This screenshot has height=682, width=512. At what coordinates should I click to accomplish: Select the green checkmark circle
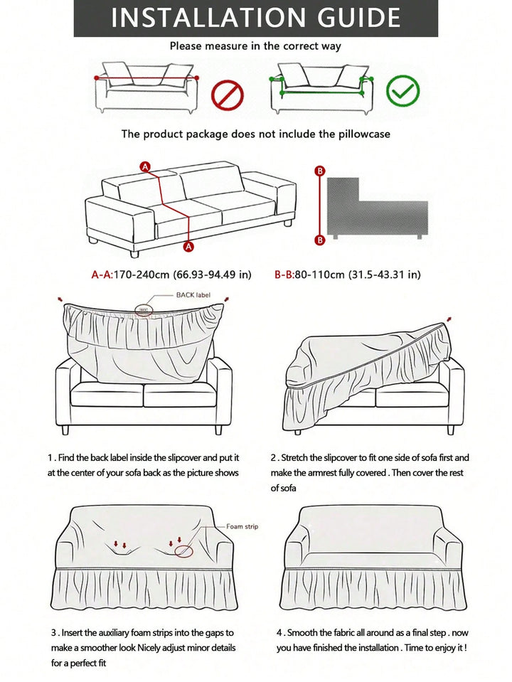click(402, 91)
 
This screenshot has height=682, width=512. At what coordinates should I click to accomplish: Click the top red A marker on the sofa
click(145, 167)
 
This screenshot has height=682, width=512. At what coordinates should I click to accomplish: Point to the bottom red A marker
click(188, 247)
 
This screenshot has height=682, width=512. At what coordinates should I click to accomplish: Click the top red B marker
click(320, 171)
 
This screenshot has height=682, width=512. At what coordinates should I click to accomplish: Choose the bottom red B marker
click(320, 240)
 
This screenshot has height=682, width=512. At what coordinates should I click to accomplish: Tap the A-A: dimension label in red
click(102, 275)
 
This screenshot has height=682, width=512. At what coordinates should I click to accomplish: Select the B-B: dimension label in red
click(284, 275)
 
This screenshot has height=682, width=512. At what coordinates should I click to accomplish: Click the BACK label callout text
click(193, 295)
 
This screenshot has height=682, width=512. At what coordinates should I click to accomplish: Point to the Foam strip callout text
click(242, 526)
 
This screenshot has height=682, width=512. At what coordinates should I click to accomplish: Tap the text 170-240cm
click(142, 275)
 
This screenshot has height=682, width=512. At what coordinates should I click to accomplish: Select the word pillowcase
click(365, 134)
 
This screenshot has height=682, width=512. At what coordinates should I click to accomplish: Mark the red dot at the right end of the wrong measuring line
click(196, 78)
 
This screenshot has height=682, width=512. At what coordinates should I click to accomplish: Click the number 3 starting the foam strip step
click(53, 633)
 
